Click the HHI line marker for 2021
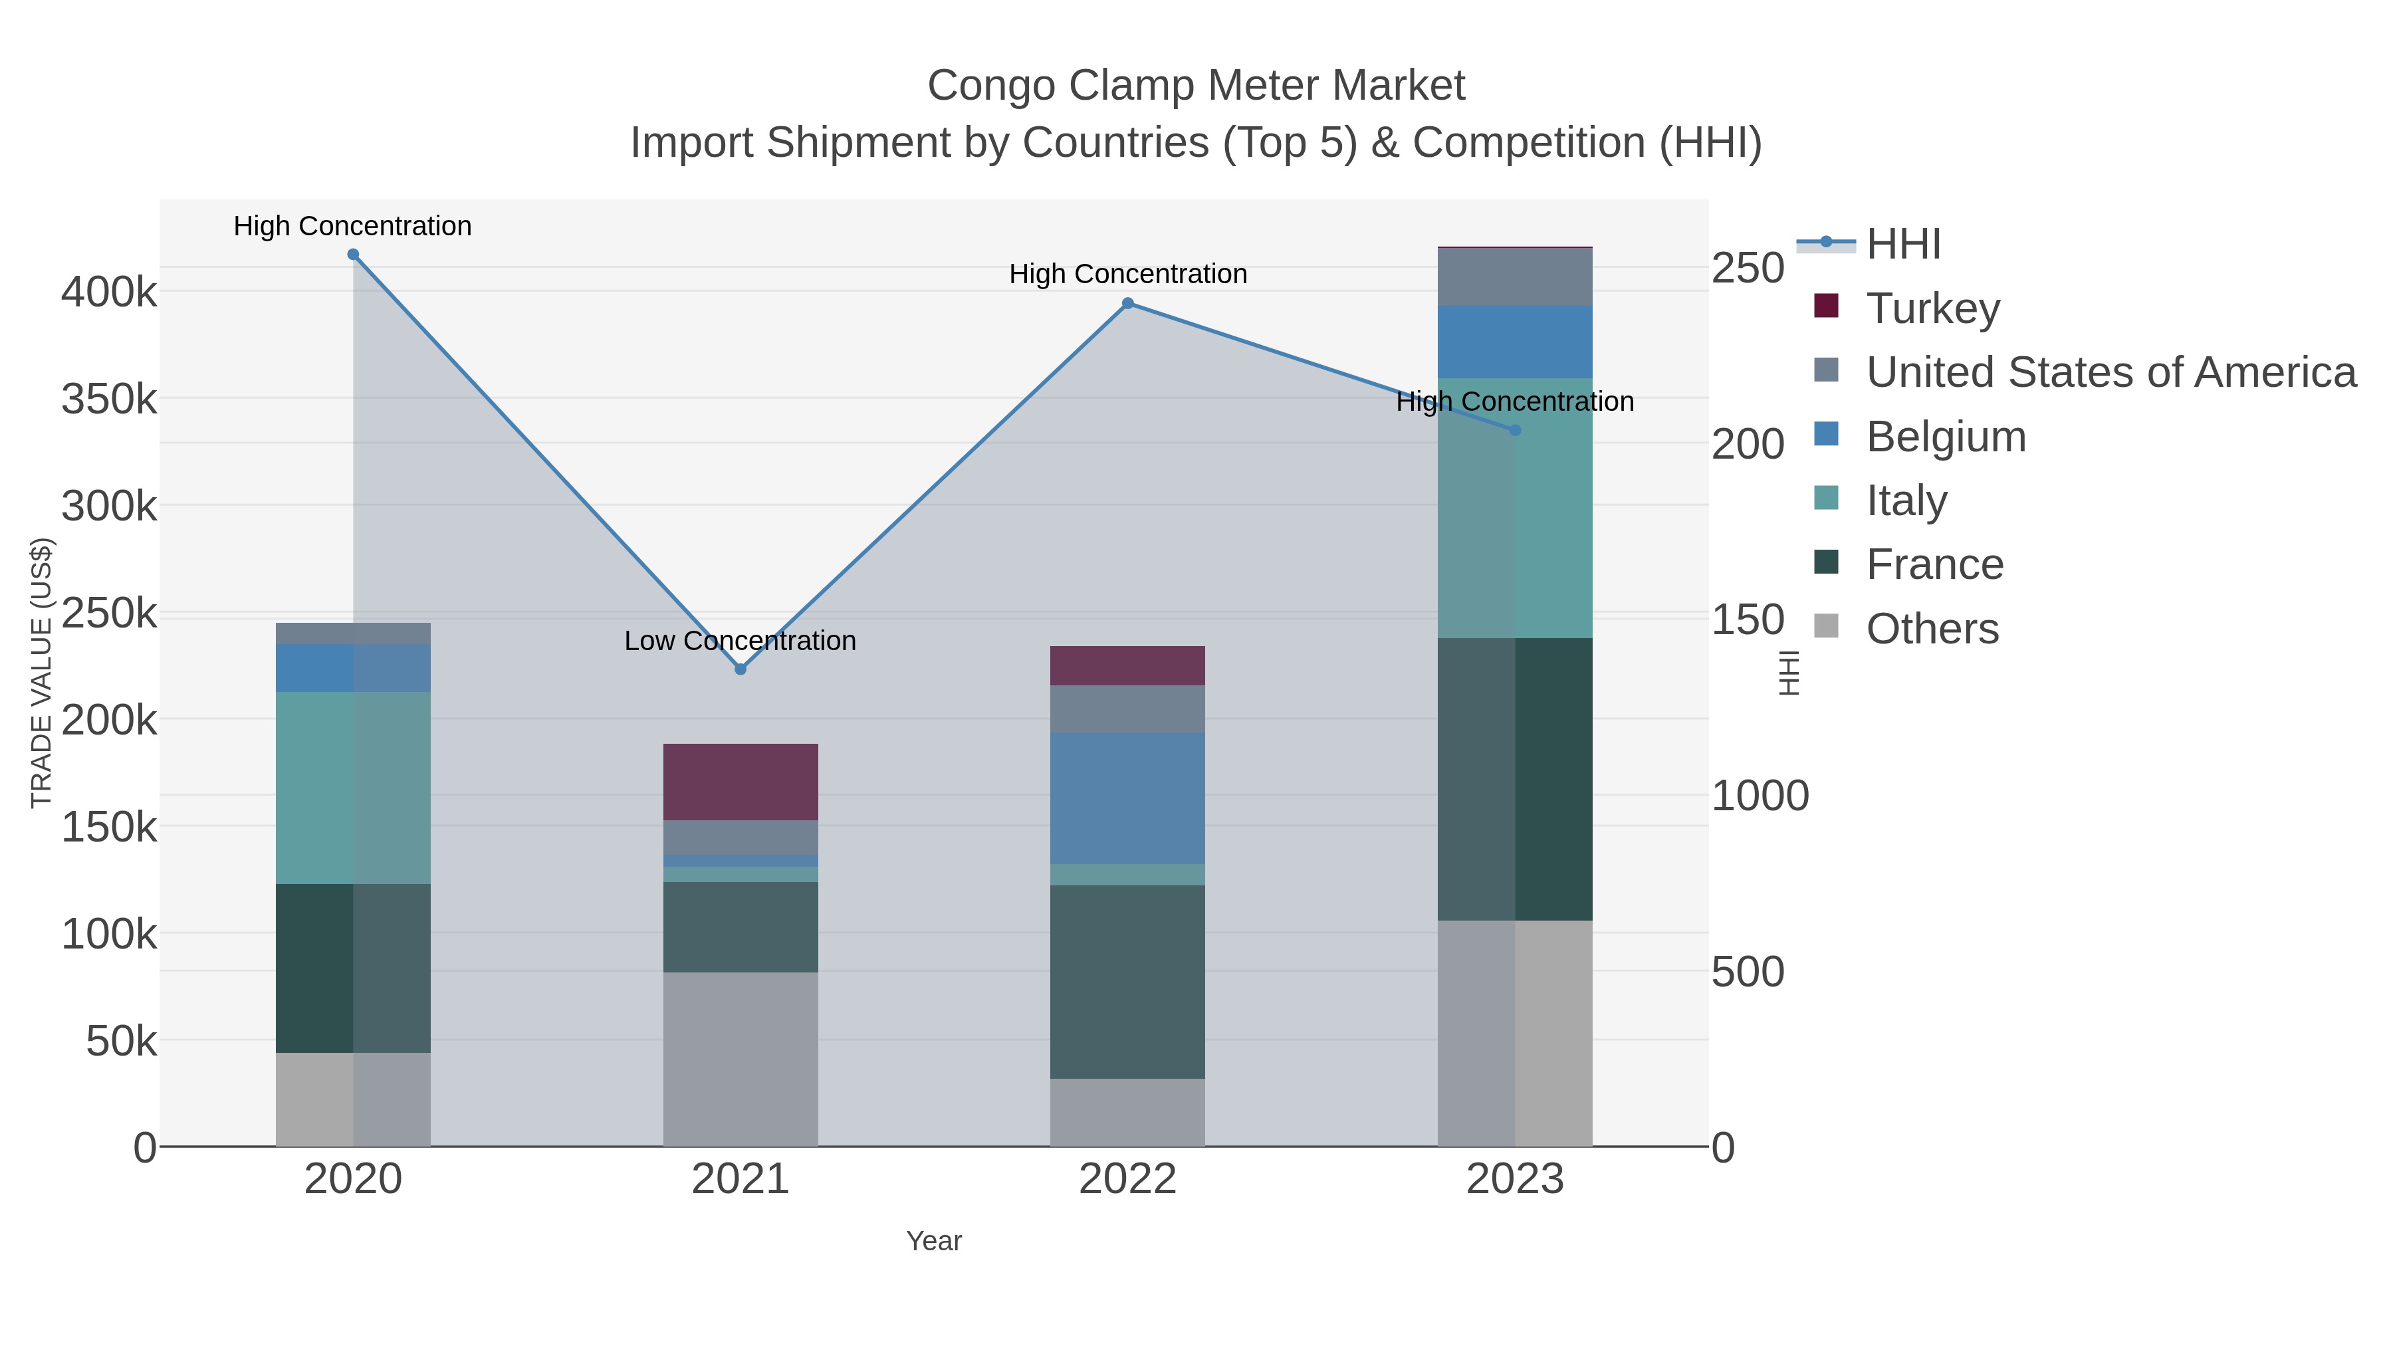click(741, 669)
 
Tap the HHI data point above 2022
click(1128, 303)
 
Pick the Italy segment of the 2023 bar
click(1515, 507)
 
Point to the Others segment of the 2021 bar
click(741, 1059)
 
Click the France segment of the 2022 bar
click(1128, 981)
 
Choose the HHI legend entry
click(1902, 245)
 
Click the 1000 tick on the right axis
click(1760, 796)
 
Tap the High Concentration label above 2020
click(352, 226)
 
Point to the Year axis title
click(934, 1241)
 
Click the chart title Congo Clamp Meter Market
click(1196, 86)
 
